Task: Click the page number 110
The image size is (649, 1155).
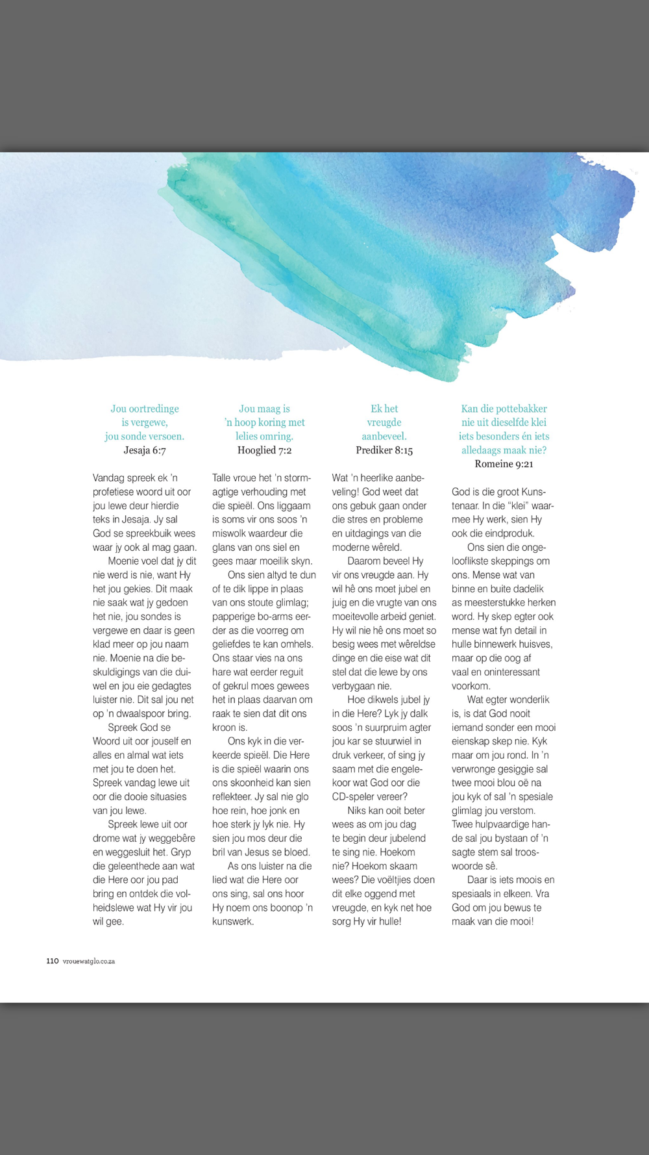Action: pyautogui.click(x=53, y=961)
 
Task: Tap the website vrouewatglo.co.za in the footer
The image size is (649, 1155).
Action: pyautogui.click(x=89, y=961)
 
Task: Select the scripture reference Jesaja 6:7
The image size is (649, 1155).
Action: pyautogui.click(x=145, y=450)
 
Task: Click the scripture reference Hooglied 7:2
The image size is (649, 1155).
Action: pyautogui.click(x=264, y=450)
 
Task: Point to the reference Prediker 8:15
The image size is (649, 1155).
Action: pyautogui.click(x=384, y=450)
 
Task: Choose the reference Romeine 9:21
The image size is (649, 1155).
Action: pyautogui.click(x=504, y=464)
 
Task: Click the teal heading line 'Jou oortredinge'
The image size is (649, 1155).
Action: pyautogui.click(x=145, y=409)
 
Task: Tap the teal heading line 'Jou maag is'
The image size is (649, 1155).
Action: pyautogui.click(x=264, y=409)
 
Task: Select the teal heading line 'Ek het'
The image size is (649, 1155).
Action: pyautogui.click(x=384, y=409)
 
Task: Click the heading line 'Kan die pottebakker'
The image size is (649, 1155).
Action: pyautogui.click(x=504, y=409)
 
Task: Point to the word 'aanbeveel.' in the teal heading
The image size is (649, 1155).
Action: pyautogui.click(x=384, y=437)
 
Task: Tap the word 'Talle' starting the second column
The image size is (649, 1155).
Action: pyautogui.click(x=224, y=478)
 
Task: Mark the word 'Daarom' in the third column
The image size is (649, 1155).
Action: pyautogui.click(x=363, y=561)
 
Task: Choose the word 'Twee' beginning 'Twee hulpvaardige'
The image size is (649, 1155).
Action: pyautogui.click(x=463, y=825)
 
